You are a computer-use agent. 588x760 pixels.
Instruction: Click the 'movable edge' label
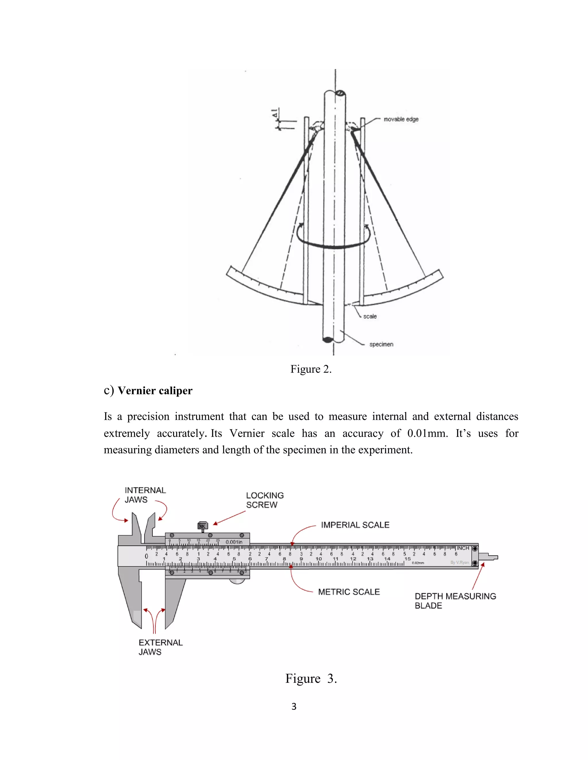pos(401,119)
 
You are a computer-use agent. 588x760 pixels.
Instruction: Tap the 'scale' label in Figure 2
pos(370,316)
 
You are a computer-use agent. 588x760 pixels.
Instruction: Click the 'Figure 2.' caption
pos(311,369)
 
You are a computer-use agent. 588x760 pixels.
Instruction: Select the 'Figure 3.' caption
pos(311,679)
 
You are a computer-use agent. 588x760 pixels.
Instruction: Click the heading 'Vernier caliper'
pos(155,391)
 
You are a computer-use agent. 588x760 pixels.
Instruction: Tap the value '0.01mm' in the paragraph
pos(428,433)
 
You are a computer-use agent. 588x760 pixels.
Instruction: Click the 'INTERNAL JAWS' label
pos(145,495)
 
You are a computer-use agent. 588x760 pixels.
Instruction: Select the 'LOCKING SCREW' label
pos(265,500)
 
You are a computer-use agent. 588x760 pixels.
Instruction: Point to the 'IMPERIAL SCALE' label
pos(355,525)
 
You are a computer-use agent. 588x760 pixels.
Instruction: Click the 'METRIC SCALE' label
pos(349,592)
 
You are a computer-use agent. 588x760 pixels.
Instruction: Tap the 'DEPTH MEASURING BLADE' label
pos(455,601)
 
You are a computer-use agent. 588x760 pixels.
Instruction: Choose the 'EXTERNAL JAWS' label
pos(160,647)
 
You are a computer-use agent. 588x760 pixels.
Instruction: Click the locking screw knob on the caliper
pos(202,525)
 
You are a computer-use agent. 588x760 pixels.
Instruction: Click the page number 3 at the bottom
pos(294,706)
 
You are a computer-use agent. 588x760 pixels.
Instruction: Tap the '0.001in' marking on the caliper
pos(234,542)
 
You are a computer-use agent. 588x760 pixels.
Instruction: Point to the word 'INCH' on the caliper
pos(463,548)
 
